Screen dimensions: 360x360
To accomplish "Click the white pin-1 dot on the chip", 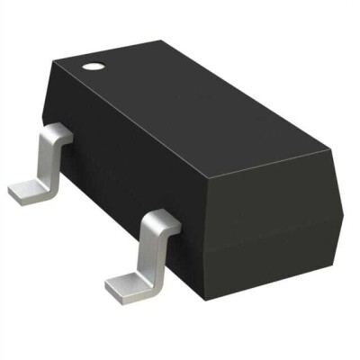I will (93, 65).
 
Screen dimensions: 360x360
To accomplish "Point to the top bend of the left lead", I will (56, 135).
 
